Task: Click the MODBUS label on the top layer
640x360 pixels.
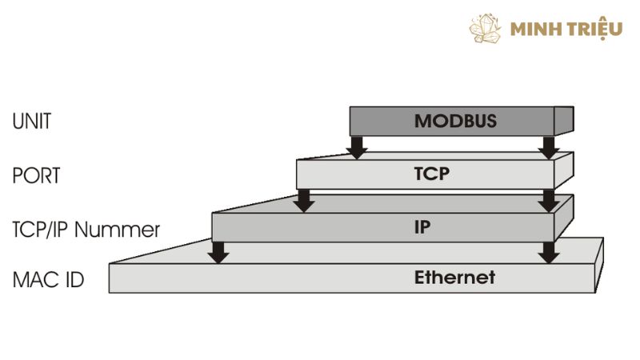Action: tap(455, 122)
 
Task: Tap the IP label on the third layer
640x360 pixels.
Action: tap(422, 226)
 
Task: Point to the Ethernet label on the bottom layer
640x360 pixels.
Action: tap(454, 278)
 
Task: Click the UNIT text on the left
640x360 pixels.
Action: tap(32, 122)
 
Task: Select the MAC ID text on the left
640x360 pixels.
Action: tap(49, 281)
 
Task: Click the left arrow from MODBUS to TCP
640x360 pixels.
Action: tap(358, 146)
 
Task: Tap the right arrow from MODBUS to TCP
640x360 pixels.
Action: tap(549, 146)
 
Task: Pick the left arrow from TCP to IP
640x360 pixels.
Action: tap(303, 199)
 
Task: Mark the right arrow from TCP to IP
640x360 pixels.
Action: tap(549, 199)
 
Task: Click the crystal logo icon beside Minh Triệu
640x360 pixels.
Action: tap(486, 29)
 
